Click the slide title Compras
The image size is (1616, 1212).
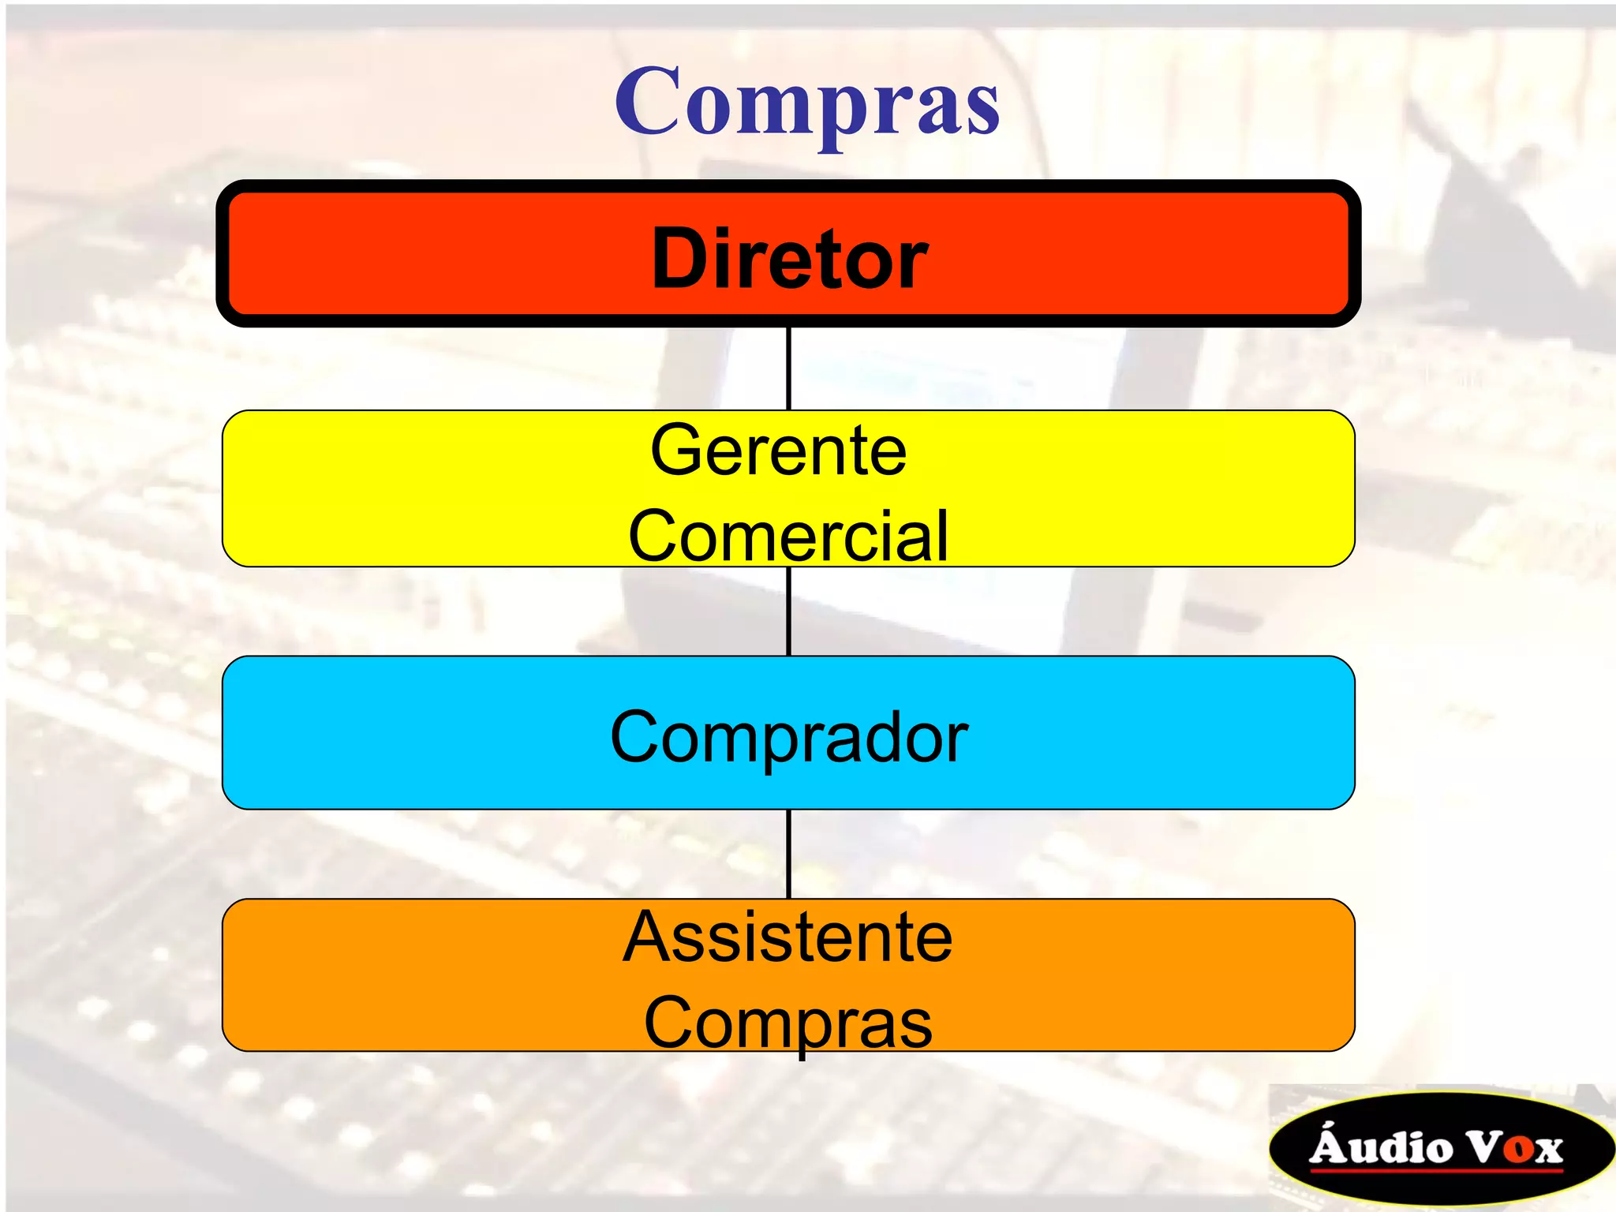(x=807, y=103)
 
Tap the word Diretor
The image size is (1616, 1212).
(x=789, y=259)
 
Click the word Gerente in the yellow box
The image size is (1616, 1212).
(x=778, y=451)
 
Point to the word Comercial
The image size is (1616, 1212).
(x=787, y=537)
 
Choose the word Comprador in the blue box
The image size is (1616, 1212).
(x=789, y=737)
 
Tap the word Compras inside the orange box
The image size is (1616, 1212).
(x=787, y=1023)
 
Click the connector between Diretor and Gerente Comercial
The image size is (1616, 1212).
(x=788, y=368)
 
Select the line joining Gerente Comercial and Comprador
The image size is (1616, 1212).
(x=788, y=612)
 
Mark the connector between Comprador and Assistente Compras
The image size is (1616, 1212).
(x=788, y=855)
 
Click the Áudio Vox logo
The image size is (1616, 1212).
(x=1440, y=1148)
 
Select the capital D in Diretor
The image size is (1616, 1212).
(x=679, y=258)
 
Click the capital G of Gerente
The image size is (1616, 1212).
(x=676, y=451)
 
